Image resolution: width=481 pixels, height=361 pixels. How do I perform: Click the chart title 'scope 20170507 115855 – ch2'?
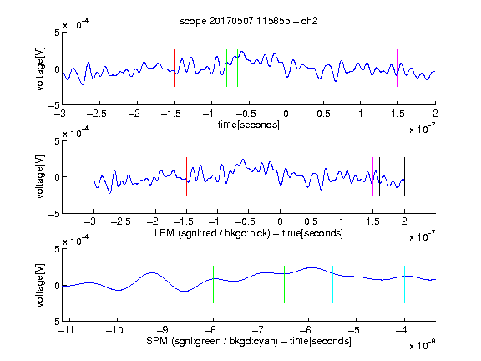[x=249, y=21]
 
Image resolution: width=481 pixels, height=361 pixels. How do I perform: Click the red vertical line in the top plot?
[x=174, y=68]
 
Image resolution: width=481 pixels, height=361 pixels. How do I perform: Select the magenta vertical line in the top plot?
[x=397, y=68]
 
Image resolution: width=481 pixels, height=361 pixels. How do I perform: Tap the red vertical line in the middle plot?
[x=186, y=176]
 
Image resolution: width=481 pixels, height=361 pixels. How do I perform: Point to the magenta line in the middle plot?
[x=372, y=176]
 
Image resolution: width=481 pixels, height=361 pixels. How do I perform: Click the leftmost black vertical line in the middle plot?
[x=94, y=176]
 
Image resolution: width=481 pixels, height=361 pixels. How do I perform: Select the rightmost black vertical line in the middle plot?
[x=404, y=176]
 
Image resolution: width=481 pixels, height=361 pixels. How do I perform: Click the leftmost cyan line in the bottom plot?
[x=94, y=285]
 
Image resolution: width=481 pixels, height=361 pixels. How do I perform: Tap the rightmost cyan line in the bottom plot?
[x=404, y=285]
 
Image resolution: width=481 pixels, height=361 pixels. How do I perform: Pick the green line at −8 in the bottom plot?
[x=213, y=285]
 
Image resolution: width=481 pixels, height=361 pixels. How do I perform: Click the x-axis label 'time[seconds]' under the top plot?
[x=249, y=125]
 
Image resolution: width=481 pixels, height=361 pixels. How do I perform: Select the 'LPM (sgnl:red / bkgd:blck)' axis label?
[x=212, y=233]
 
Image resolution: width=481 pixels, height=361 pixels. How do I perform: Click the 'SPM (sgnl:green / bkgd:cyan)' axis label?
[x=212, y=341]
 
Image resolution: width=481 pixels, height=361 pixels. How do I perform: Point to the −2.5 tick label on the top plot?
[x=96, y=114]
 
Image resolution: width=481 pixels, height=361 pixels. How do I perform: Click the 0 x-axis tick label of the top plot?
[x=286, y=114]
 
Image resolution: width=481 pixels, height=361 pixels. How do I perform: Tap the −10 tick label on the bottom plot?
[x=114, y=330]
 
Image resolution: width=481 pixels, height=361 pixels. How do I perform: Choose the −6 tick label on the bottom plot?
[x=306, y=330]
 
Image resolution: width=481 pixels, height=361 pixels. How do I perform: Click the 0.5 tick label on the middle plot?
[x=311, y=221]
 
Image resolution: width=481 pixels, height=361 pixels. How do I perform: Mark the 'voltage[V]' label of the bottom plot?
[x=40, y=285]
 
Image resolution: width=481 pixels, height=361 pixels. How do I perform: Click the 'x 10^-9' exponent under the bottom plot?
[x=423, y=345]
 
